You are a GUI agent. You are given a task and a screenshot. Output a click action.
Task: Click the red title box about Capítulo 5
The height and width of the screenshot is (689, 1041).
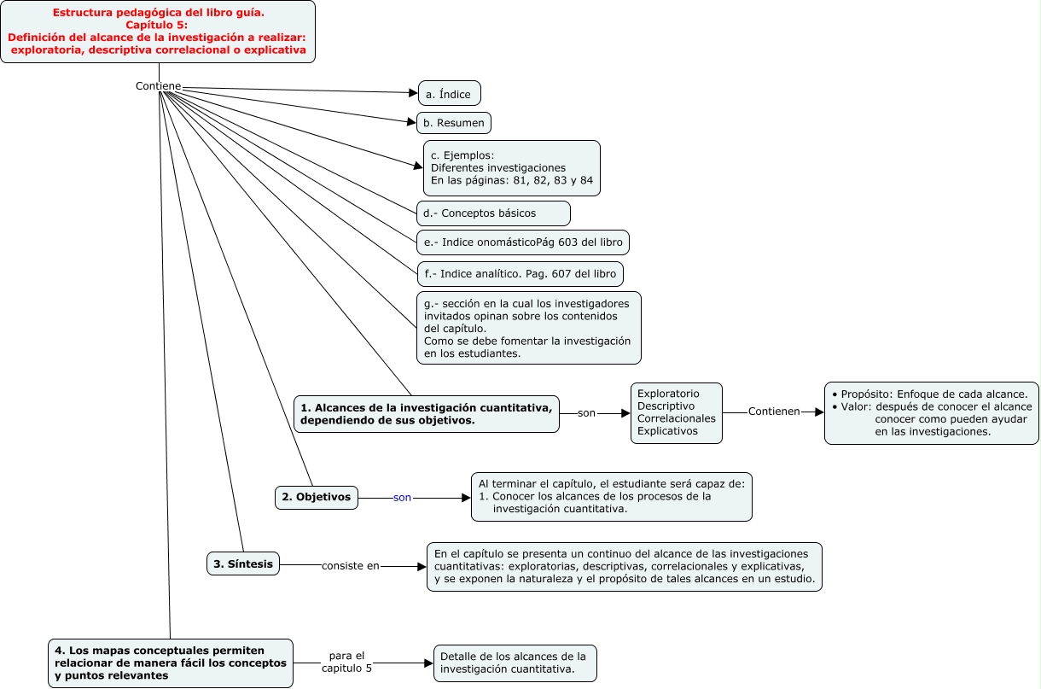pos(158,32)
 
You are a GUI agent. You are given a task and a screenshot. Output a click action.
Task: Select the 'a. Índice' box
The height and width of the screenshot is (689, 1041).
pos(449,93)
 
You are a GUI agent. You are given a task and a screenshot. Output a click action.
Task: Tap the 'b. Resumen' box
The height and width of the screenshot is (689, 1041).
pos(453,123)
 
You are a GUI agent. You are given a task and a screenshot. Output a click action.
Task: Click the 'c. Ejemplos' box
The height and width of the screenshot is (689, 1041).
pos(511,168)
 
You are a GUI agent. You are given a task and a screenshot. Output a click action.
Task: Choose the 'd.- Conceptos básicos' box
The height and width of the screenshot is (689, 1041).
pos(493,212)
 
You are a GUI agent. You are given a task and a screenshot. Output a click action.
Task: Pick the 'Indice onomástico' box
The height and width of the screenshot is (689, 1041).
pos(522,242)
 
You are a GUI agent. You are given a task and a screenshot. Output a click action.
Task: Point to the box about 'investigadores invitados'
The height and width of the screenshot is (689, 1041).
pos(528,328)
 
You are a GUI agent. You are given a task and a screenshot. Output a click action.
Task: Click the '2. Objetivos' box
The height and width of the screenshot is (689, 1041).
pos(317,497)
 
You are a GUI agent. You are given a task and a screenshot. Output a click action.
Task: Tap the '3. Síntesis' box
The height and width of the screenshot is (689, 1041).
pos(243,563)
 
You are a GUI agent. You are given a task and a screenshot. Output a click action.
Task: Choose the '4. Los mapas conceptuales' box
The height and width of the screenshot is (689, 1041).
pos(171,663)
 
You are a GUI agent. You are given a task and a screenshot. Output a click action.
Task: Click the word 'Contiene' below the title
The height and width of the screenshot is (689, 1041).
pos(158,86)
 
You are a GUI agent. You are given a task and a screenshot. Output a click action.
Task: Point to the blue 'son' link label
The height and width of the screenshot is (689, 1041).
pos(402,497)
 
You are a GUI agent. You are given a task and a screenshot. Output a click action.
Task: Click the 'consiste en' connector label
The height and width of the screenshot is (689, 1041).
pos(351,565)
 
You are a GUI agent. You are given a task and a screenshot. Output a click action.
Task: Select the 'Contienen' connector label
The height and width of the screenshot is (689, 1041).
pos(774,412)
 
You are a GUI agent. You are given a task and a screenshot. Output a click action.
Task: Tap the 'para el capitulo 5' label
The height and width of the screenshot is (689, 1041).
pos(346,662)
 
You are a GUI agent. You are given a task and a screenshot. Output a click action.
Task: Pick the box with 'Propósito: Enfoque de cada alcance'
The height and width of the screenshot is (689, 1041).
pos(931,412)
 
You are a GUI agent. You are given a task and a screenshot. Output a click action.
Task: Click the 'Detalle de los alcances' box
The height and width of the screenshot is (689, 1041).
pos(515,663)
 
